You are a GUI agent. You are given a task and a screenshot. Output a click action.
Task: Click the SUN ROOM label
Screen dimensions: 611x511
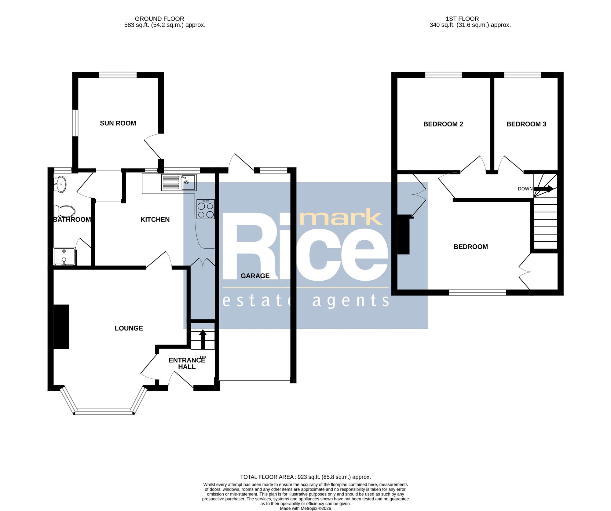point(118,123)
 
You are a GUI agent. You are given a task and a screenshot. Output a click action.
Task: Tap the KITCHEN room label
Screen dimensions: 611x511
point(155,219)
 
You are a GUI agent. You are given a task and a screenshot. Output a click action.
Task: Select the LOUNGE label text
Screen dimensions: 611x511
point(129,328)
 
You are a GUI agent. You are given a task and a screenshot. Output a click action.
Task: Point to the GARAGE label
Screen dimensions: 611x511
point(255,276)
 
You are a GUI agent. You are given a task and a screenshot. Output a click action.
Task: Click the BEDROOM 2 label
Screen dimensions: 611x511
point(443,124)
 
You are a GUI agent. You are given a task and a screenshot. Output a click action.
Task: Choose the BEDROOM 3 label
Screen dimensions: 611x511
point(526,124)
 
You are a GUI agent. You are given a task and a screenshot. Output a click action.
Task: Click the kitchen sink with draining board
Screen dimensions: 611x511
point(179,183)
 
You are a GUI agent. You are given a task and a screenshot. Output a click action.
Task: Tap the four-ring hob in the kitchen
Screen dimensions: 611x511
point(206,209)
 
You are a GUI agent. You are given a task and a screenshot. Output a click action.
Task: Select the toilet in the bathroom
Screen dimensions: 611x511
point(64,211)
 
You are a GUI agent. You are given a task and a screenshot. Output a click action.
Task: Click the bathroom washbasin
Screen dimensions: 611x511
point(60,184)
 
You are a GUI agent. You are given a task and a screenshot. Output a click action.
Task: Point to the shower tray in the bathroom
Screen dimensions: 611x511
point(64,256)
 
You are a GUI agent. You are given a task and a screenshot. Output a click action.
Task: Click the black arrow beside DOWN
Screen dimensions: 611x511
point(543,189)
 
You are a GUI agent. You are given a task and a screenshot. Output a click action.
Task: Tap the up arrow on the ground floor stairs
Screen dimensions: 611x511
point(203,339)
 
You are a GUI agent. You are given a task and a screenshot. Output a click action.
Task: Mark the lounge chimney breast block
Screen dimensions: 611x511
point(61,327)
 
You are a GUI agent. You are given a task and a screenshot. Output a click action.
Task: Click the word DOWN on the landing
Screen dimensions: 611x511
point(525,189)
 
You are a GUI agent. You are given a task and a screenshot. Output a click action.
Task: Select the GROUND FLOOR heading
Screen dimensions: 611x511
point(159,19)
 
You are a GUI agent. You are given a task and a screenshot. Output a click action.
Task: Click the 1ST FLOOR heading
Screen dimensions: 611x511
point(462,19)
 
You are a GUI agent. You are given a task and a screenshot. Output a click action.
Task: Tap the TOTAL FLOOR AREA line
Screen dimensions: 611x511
point(305,477)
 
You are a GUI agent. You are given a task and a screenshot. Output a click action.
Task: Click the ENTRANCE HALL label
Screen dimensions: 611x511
point(187,363)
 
